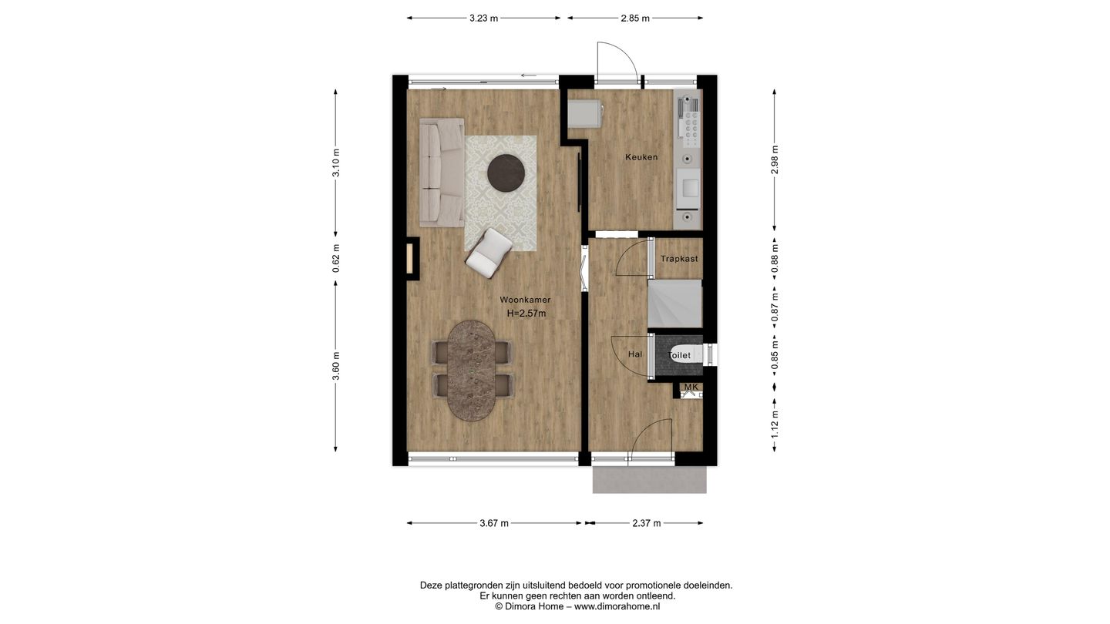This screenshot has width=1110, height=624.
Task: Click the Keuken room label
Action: (x=641, y=157)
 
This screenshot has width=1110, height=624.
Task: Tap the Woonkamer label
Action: (x=525, y=300)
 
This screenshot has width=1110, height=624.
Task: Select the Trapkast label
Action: (x=679, y=259)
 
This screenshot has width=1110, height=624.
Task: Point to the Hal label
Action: (x=635, y=354)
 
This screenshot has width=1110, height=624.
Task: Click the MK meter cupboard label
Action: (x=691, y=387)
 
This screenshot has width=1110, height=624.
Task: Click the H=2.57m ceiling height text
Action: (x=526, y=314)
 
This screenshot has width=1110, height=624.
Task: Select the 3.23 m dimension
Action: (x=483, y=18)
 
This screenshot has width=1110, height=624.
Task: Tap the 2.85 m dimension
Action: (x=635, y=18)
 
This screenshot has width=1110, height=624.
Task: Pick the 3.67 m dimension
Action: (x=494, y=523)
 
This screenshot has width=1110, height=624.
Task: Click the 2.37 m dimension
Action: (x=647, y=523)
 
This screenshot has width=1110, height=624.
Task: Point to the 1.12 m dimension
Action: (x=775, y=424)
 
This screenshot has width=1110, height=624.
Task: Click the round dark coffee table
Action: (x=506, y=173)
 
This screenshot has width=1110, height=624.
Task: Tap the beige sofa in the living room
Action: (x=442, y=172)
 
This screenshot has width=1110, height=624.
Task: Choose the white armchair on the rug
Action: (x=489, y=253)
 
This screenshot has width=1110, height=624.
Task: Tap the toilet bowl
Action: (x=684, y=354)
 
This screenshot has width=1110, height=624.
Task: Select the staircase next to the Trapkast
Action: (x=674, y=304)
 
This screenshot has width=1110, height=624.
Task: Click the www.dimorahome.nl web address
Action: (x=617, y=606)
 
